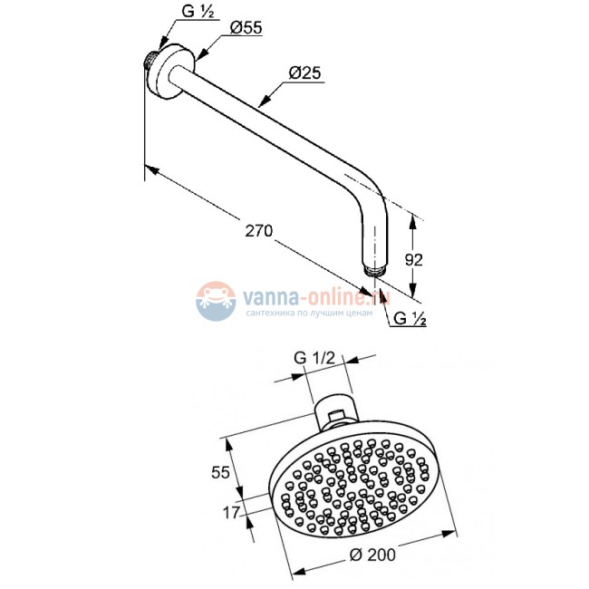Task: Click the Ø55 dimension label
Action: pos(246,27)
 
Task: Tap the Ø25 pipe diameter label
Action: pos(305,72)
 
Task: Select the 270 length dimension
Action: pos(259,230)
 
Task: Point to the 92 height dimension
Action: pos(413,259)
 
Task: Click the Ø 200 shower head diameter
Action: pos(372,555)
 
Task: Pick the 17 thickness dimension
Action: pos(231,512)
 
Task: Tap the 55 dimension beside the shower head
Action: pos(220,472)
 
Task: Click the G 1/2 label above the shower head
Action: pos(314,358)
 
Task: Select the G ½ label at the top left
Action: pos(198,12)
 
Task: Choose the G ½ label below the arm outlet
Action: pos(410,319)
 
